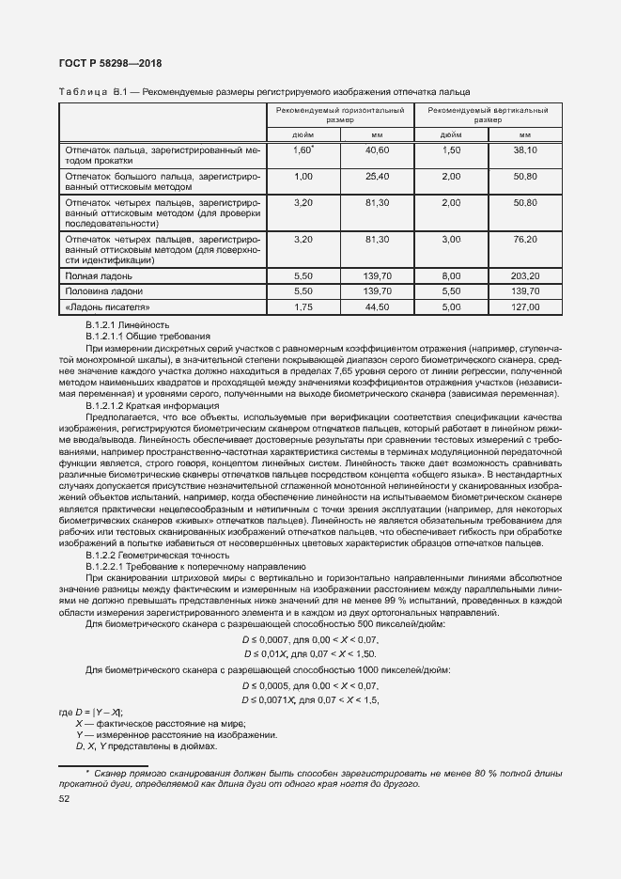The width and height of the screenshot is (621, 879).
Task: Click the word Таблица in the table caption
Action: [83, 91]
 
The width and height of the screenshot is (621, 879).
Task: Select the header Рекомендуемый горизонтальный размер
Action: [341, 116]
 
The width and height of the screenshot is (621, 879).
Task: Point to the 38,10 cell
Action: [524, 150]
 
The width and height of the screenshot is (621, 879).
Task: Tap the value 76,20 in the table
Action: [524, 240]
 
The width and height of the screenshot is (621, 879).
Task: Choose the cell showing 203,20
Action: [524, 276]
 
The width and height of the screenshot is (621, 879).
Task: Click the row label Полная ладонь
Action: [98, 277]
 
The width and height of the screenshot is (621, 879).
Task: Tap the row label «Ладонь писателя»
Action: [106, 307]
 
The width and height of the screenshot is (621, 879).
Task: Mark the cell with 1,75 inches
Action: [303, 307]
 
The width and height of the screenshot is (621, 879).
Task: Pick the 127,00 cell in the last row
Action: [524, 307]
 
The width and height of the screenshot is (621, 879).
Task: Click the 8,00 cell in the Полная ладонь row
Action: [451, 276]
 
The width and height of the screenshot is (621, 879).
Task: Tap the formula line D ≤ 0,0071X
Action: [309, 700]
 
